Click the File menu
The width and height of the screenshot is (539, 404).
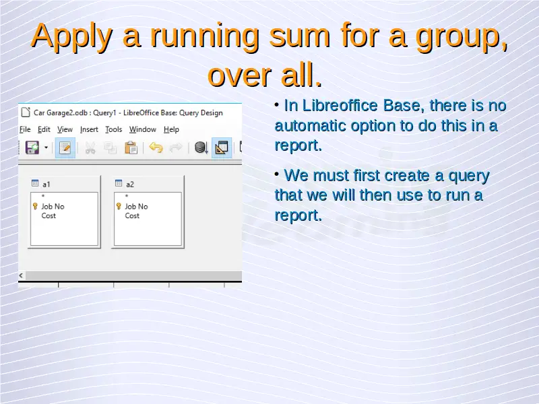tap(25, 129)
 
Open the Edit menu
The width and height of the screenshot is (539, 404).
tap(44, 129)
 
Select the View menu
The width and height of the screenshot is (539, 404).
tap(65, 129)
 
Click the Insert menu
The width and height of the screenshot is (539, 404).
tap(89, 129)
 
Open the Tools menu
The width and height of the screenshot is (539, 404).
tap(114, 129)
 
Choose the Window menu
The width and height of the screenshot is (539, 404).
tap(143, 129)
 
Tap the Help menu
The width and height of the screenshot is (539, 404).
tap(172, 129)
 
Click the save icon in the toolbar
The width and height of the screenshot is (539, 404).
tap(32, 147)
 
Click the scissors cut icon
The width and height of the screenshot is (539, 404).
tap(90, 148)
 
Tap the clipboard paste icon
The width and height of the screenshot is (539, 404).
tap(131, 147)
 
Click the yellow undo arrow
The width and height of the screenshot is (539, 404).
tap(156, 147)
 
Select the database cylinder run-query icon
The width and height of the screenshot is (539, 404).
tap(201, 147)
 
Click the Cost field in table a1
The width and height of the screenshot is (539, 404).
tap(49, 215)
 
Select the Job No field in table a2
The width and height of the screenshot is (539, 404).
tap(137, 207)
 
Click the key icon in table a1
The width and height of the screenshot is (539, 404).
tap(35, 206)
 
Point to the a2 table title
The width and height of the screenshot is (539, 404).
tap(130, 184)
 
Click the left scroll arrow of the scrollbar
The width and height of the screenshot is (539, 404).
tap(21, 275)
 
